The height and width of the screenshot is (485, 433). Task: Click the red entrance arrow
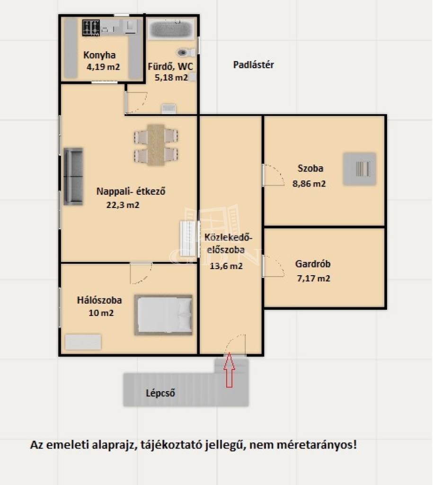pyautogui.click(x=229, y=370)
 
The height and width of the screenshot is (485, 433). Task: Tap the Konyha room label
pyautogui.click(x=99, y=55)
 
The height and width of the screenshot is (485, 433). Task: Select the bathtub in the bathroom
pyautogui.click(x=171, y=29)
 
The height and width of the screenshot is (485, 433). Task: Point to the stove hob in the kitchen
pyautogui.click(x=91, y=27)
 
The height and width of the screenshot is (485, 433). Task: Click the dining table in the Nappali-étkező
pyautogui.click(x=156, y=145)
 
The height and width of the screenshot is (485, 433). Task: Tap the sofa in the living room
pyautogui.click(x=73, y=176)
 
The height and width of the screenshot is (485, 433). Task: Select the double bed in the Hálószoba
pyautogui.click(x=163, y=315)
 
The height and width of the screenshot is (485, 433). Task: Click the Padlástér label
pyautogui.click(x=254, y=65)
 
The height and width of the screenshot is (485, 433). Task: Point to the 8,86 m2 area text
pyautogui.click(x=309, y=184)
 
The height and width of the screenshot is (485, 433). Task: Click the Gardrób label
pyautogui.click(x=313, y=264)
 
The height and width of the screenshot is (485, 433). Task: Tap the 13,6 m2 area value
pyautogui.click(x=226, y=266)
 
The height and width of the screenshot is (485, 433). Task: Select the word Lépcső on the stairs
pyautogui.click(x=160, y=393)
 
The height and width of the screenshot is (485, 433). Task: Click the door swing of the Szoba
pyautogui.click(x=273, y=175)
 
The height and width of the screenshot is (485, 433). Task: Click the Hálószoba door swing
pyautogui.click(x=141, y=273)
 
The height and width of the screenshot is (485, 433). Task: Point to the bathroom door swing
pyautogui.click(x=136, y=103)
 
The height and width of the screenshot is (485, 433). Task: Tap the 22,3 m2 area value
pyautogui.click(x=123, y=205)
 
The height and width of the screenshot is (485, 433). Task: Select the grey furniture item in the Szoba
pyautogui.click(x=360, y=169)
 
